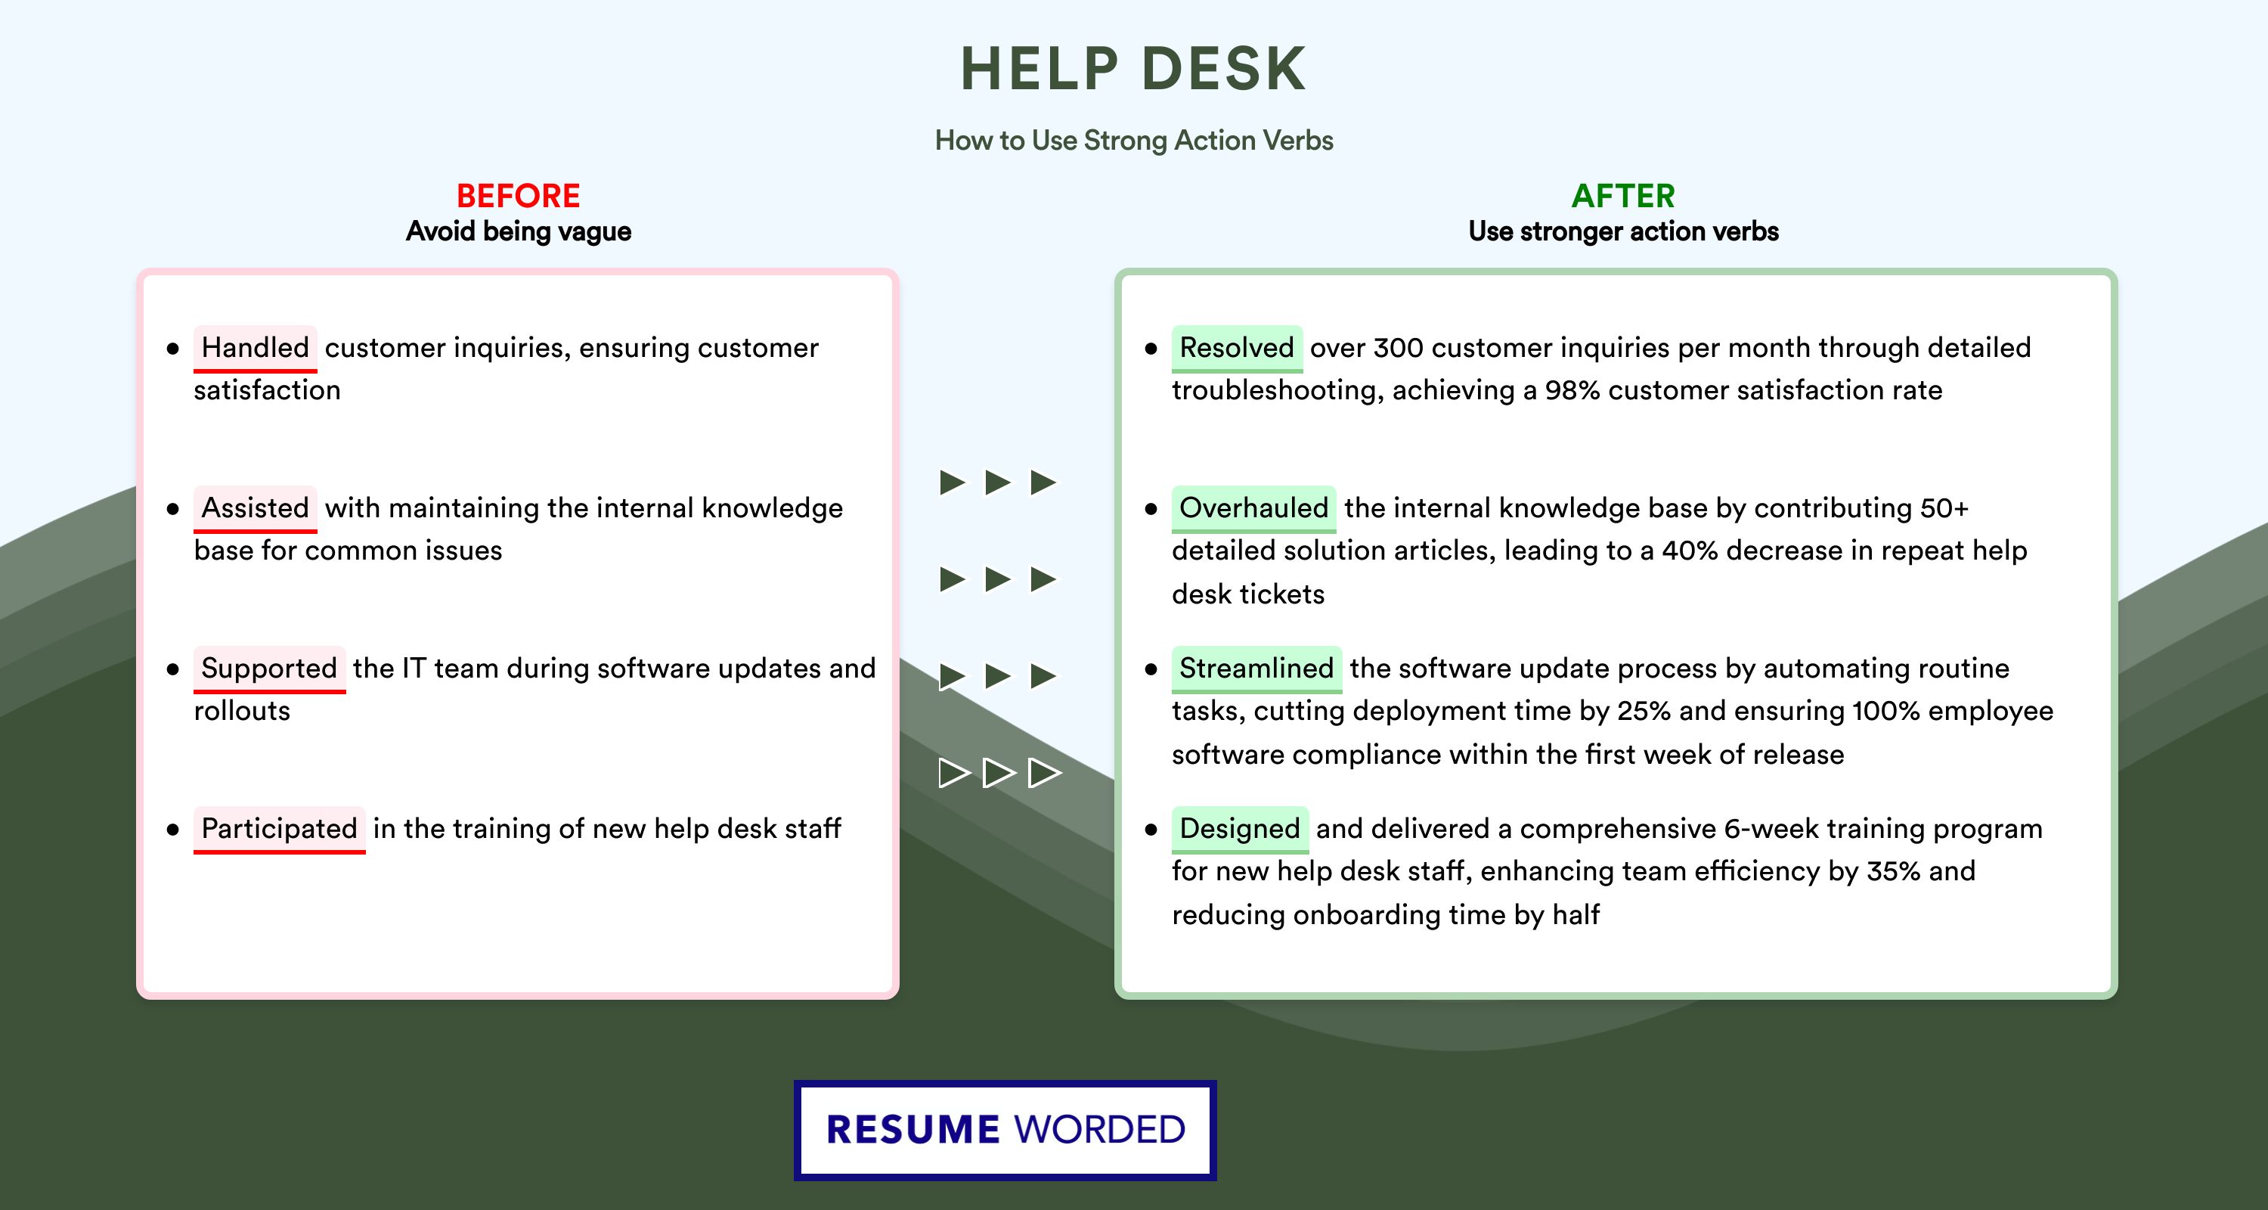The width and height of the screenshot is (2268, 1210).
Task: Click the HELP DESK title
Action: tap(1133, 69)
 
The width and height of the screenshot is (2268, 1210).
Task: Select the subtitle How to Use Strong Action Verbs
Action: tap(1134, 140)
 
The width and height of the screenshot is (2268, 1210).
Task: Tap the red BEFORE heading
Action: tap(519, 196)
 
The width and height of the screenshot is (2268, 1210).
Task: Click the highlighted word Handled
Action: tap(256, 348)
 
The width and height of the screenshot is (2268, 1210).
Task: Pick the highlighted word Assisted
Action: tap(256, 508)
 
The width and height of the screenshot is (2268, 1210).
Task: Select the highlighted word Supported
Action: tap(269, 669)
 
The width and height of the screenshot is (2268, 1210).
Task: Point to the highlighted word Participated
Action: tap(279, 829)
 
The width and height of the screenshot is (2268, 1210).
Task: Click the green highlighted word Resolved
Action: tap(1237, 348)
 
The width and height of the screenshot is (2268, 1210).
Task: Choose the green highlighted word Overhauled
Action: tap(1253, 508)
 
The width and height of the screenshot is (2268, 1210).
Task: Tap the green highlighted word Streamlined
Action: tap(1256, 669)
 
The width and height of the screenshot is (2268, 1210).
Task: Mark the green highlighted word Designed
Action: tap(1240, 829)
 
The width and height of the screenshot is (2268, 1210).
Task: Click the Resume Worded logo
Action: tap(1005, 1130)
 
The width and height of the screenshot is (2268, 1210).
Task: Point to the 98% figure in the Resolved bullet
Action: tap(1572, 390)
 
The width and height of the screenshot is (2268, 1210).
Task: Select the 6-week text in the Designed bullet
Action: tap(1771, 829)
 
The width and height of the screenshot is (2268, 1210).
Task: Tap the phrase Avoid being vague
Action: tap(519, 231)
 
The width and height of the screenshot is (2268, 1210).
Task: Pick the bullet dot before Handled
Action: tap(172, 349)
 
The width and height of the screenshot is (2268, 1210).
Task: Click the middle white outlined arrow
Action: tap(999, 772)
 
